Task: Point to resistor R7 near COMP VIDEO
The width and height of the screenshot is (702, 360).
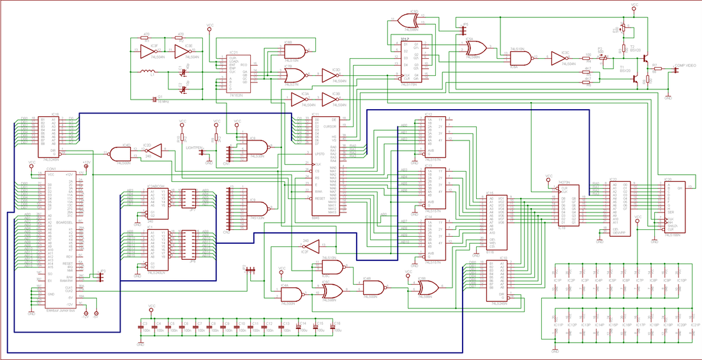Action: [654, 69]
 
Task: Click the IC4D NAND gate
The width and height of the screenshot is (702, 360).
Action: [120, 154]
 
